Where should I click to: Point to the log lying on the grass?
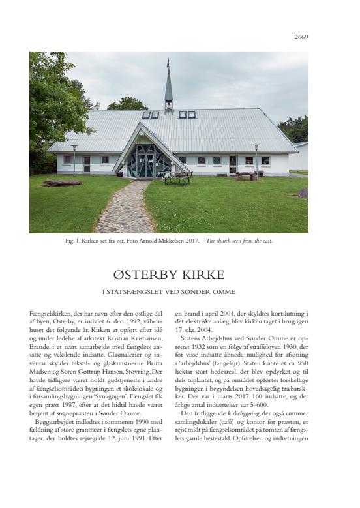click(62, 183)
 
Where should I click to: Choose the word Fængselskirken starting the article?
click(49, 314)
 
